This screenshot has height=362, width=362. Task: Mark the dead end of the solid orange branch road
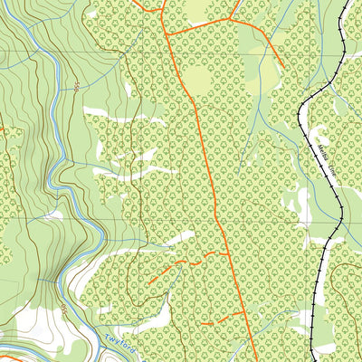282,69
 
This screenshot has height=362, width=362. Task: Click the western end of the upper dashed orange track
148,284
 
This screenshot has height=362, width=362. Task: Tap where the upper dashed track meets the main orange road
226,253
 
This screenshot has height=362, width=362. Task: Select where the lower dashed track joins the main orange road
245,312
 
